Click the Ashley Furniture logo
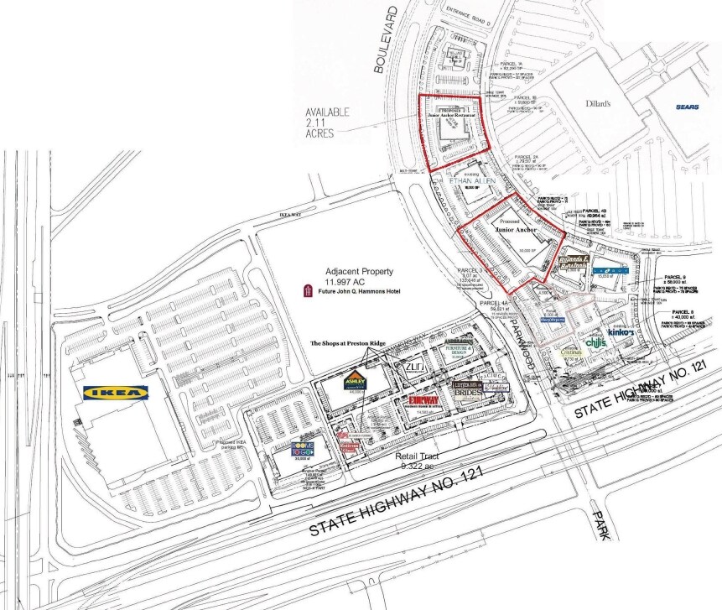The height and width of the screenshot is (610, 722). pyautogui.click(x=352, y=382)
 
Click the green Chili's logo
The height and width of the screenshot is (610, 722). pyautogui.click(x=596, y=342)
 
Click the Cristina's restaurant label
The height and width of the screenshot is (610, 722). pyautogui.click(x=573, y=352)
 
